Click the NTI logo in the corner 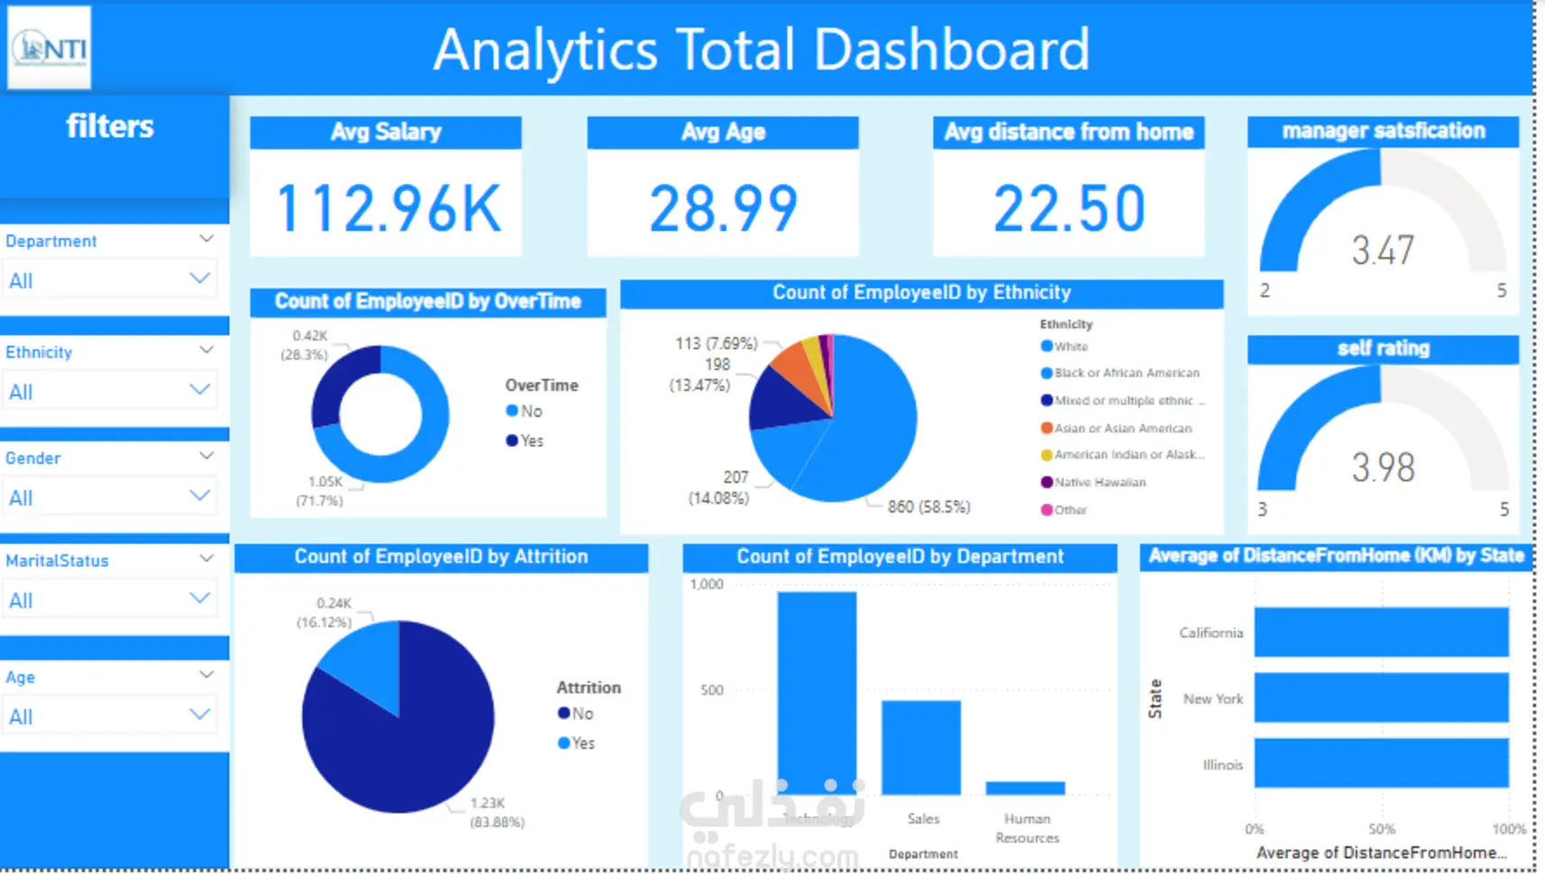pos(50,48)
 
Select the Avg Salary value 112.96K pos(388,208)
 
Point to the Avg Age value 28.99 pos(723,208)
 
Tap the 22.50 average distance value pos(1069,208)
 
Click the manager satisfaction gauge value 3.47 pos(1383,250)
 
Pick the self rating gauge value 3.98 pos(1383,467)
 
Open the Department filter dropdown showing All pos(108,280)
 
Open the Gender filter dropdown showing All pos(108,497)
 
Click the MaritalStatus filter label pos(57,560)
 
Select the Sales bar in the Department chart pos(921,747)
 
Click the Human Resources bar pos(1026,788)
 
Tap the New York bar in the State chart pos(1381,697)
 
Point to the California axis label pos(1211,633)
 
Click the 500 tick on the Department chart pos(712,690)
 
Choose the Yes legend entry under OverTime pos(526,441)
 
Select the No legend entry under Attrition pos(576,714)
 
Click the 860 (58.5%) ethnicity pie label pos(928,507)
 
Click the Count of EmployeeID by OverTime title pos(428,302)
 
